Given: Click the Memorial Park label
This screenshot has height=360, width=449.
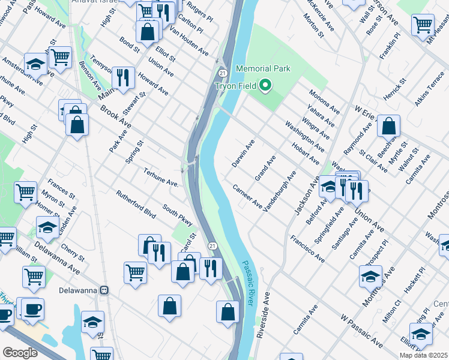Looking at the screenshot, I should [263, 69].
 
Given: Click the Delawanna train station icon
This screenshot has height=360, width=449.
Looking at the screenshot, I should [104, 290].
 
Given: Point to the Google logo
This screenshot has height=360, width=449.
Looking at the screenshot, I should [20, 352].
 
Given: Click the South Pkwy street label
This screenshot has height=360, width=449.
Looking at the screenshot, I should [178, 217].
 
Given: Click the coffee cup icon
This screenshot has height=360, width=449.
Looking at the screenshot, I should [32, 308].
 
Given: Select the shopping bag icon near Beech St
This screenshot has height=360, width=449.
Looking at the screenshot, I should [389, 126].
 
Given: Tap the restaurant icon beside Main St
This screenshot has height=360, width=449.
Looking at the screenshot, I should [123, 77].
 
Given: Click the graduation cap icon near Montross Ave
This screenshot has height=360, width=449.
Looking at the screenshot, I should [370, 277].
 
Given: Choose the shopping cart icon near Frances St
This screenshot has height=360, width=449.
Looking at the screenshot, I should [25, 193].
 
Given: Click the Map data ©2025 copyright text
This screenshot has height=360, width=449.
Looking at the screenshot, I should [423, 355].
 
